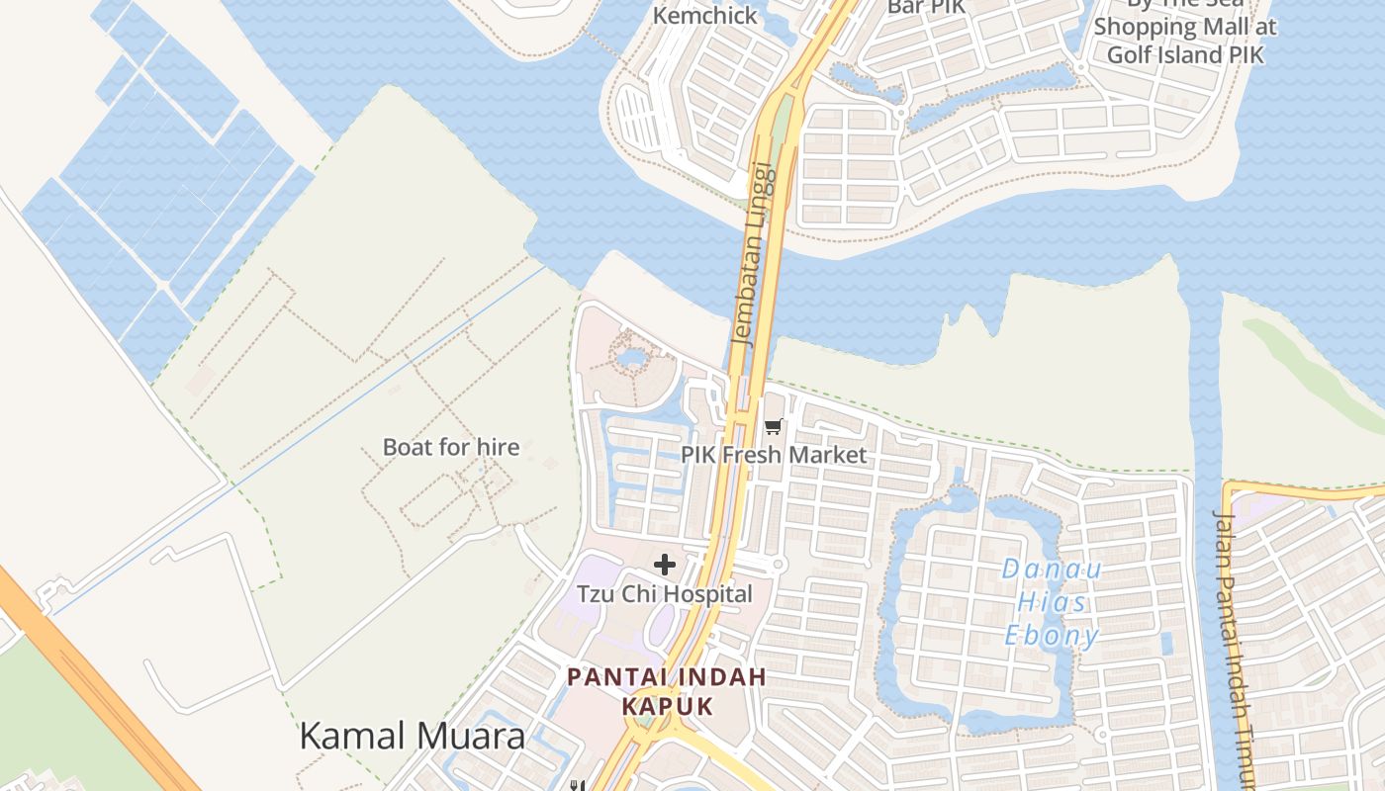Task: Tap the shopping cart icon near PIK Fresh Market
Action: pyautogui.click(x=774, y=427)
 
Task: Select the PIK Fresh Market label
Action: pyautogui.click(x=773, y=455)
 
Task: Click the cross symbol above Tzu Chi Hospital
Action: pyautogui.click(x=665, y=565)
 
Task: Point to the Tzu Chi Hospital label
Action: pyautogui.click(x=665, y=594)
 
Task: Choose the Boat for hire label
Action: pyautogui.click(x=451, y=447)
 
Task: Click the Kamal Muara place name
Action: pyautogui.click(x=412, y=736)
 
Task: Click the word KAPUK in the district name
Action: pyautogui.click(x=668, y=707)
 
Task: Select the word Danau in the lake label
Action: pyautogui.click(x=1052, y=570)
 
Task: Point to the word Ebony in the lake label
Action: pyautogui.click(x=1052, y=636)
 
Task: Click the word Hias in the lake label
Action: pyautogui.click(x=1052, y=602)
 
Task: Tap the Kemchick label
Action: pyautogui.click(x=705, y=16)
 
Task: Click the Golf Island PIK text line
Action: pyautogui.click(x=1185, y=54)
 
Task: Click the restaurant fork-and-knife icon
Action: pyautogui.click(x=578, y=785)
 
